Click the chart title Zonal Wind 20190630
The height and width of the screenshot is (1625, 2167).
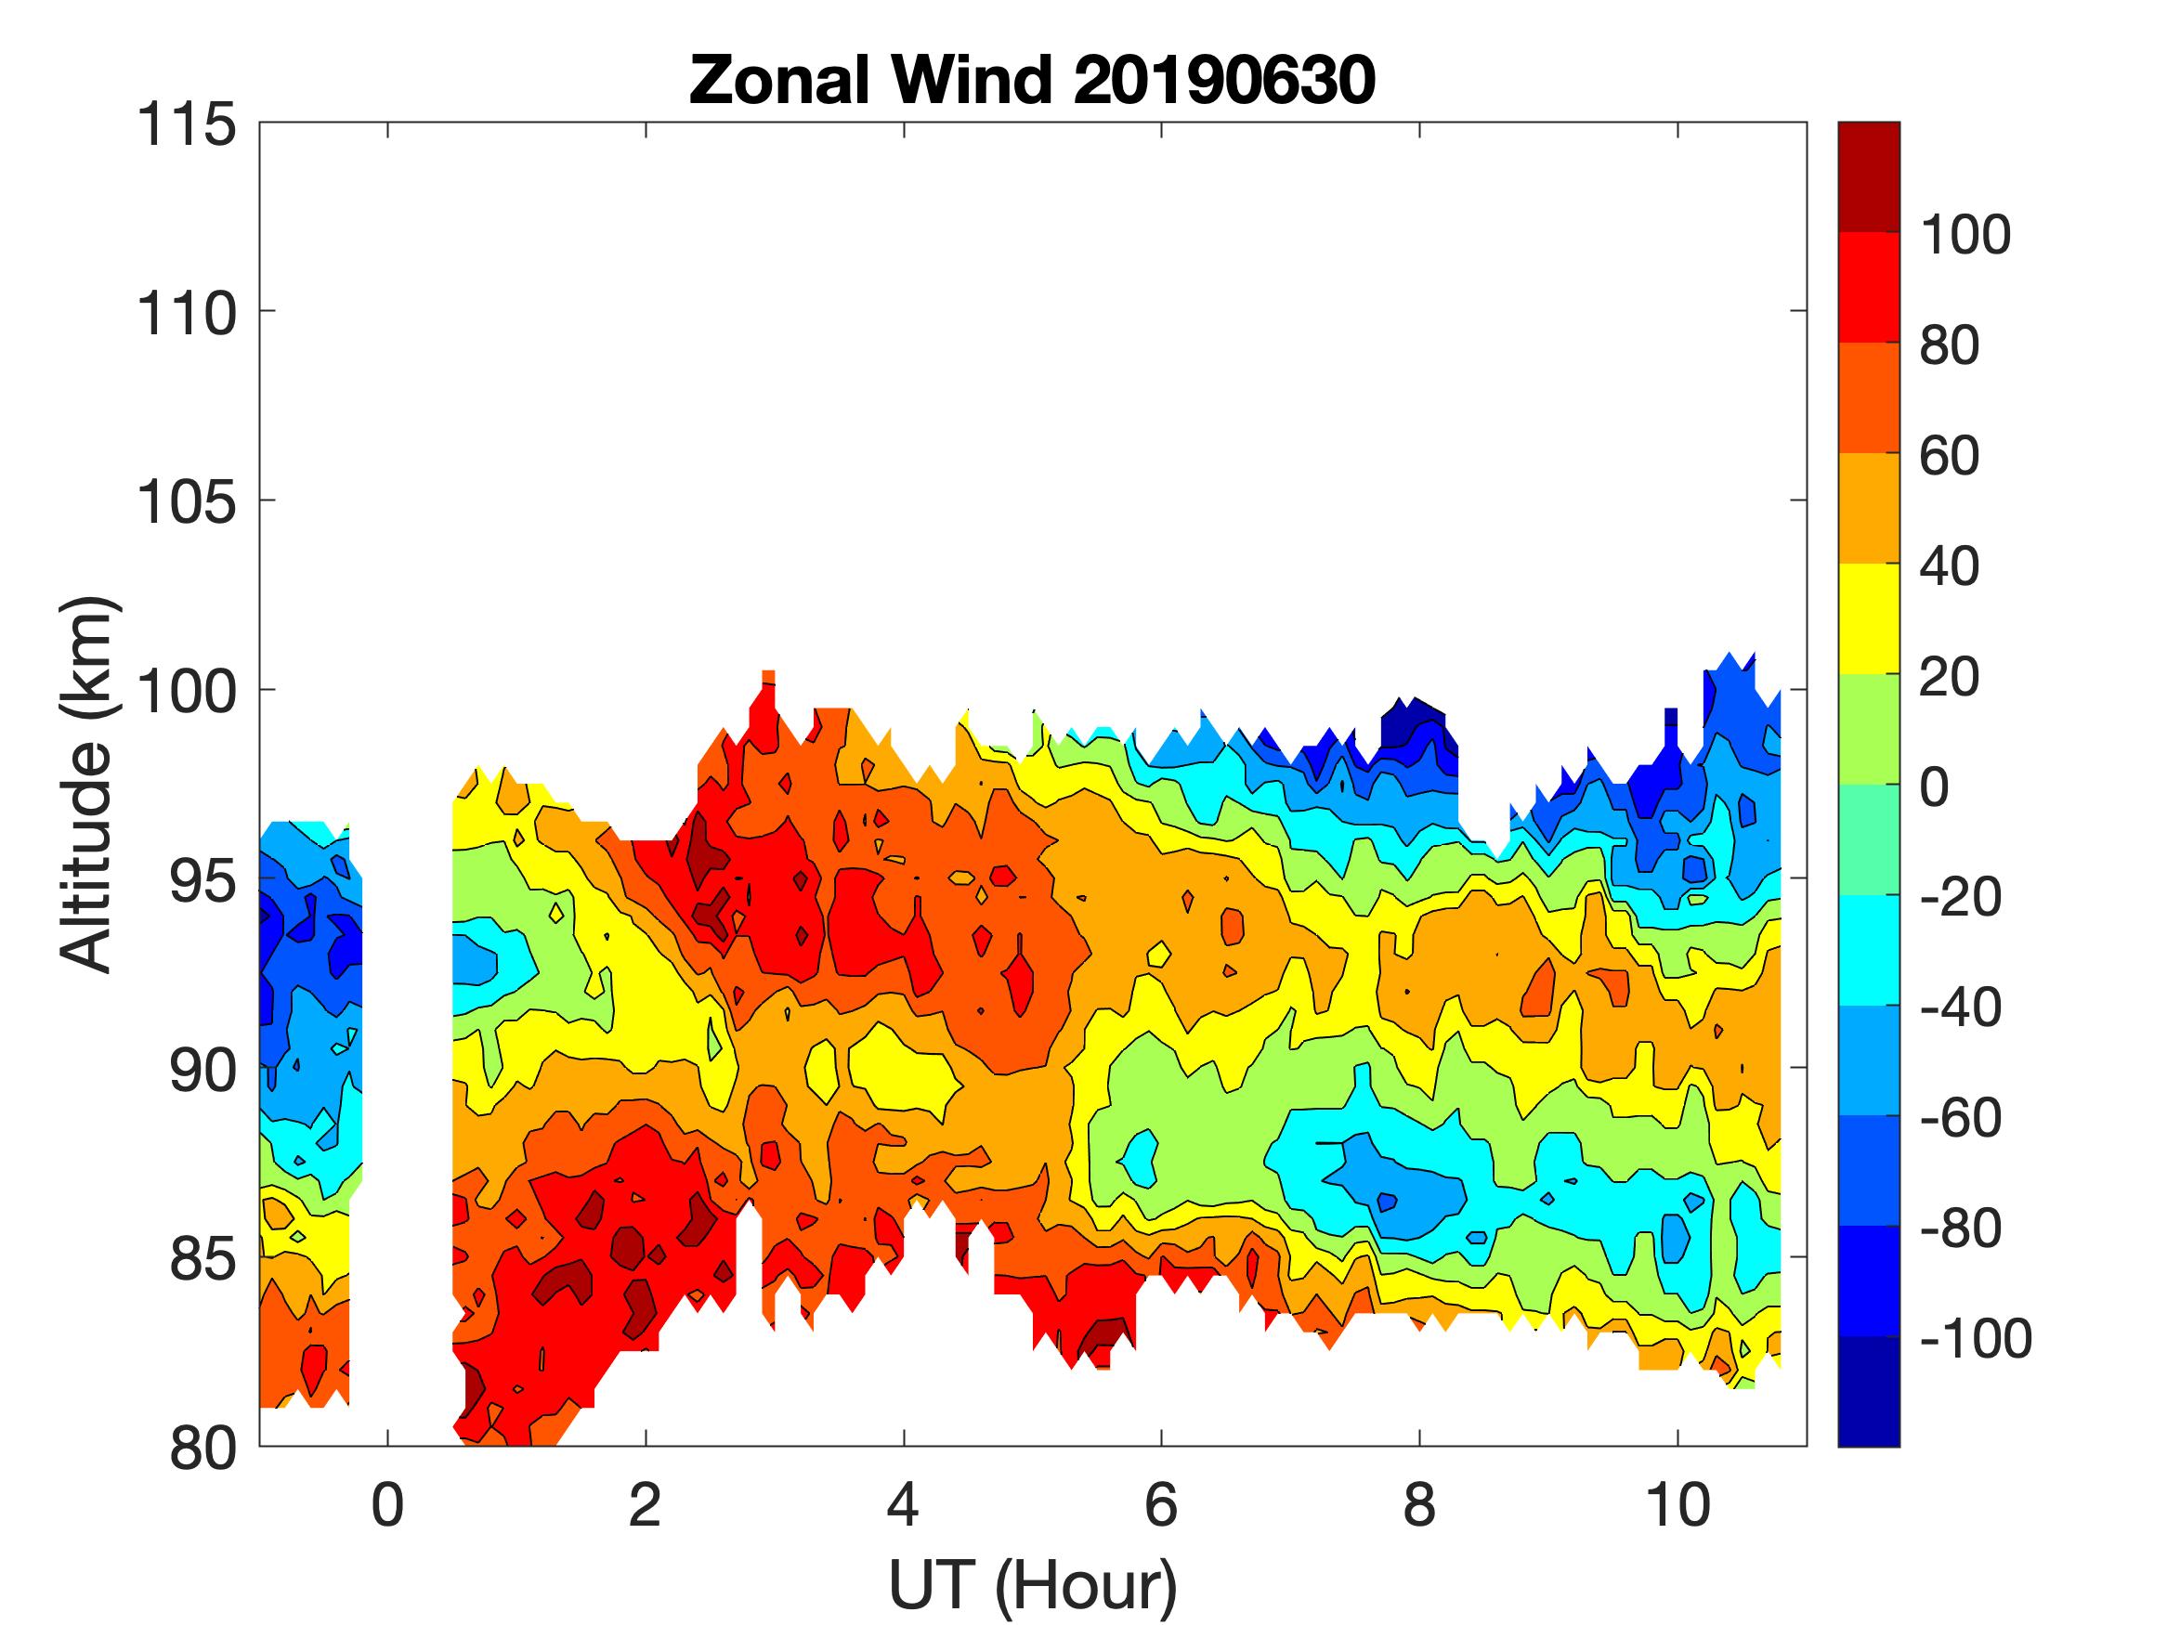click(1032, 80)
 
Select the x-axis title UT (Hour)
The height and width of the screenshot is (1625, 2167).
click(1032, 1585)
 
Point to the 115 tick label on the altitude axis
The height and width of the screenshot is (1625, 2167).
click(186, 125)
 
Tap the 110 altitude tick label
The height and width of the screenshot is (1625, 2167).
click(186, 315)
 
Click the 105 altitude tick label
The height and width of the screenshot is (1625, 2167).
click(186, 503)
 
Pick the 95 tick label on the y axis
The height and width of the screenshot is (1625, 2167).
click(202, 881)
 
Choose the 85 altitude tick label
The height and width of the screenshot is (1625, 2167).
click(202, 1260)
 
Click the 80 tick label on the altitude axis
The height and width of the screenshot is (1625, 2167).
click(202, 1449)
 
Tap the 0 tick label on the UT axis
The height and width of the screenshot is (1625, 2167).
click(388, 1505)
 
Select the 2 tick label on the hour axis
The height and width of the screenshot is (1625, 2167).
click(645, 1505)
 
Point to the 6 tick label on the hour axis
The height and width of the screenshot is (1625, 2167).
click(1161, 1505)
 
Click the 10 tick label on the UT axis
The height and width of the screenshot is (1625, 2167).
click(1678, 1505)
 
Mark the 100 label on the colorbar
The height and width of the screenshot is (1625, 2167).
click(1965, 235)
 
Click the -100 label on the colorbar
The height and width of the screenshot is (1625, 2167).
click(1975, 1338)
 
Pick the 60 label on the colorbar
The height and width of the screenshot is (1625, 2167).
click(1950, 457)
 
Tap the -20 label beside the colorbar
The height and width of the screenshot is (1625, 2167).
click(1960, 897)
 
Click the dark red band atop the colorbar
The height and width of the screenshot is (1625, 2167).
click(1868, 176)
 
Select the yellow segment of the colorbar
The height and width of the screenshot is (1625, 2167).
click(1868, 618)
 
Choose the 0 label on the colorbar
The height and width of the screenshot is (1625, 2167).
click(1934, 787)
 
